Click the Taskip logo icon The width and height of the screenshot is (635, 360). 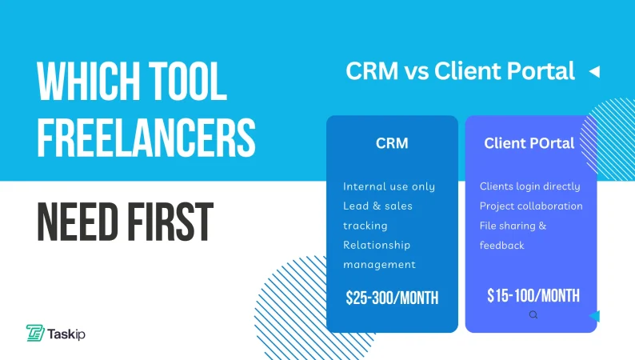34,333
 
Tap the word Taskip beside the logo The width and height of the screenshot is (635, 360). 66,334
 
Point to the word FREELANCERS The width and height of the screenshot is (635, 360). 146,138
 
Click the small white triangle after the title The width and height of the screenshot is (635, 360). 593,72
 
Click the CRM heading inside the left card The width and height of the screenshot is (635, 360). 392,144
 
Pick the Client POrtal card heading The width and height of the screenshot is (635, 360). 529,144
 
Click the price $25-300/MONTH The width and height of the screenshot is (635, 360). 392,298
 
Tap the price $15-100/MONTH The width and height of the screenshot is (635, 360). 533,295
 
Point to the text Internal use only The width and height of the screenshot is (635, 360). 389,186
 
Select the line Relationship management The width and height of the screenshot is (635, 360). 379,254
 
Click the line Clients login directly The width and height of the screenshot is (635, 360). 530,186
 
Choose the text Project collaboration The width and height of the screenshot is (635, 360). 531,206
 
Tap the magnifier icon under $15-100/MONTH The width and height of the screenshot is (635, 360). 533,315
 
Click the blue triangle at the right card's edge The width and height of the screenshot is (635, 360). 594,317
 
